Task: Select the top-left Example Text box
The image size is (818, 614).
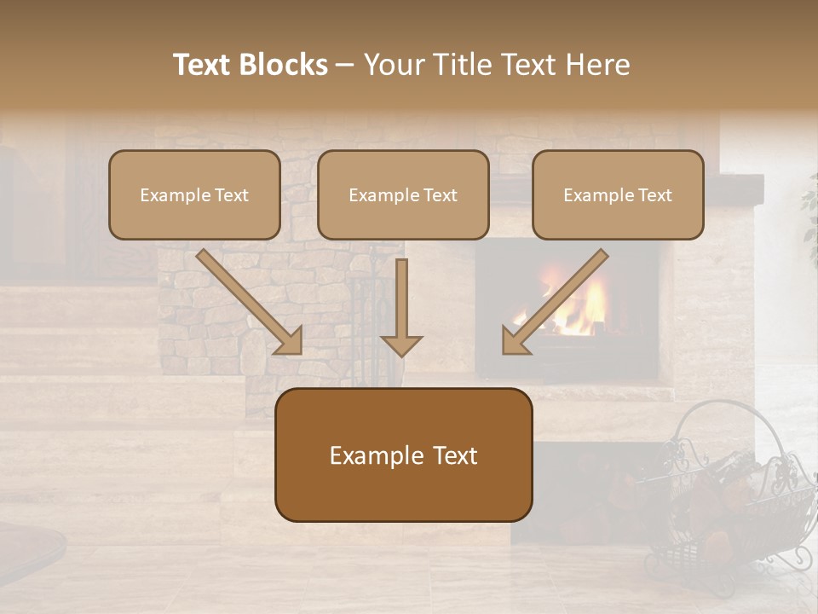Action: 194,194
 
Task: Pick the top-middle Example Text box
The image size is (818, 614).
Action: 403,194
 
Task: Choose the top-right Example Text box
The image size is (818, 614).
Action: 618,194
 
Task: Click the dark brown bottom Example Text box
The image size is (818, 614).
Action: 404,455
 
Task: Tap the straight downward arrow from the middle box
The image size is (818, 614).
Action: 401,303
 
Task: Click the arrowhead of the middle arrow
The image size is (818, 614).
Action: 401,345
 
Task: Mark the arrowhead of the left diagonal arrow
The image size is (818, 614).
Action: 289,340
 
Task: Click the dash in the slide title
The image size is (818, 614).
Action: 345,66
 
